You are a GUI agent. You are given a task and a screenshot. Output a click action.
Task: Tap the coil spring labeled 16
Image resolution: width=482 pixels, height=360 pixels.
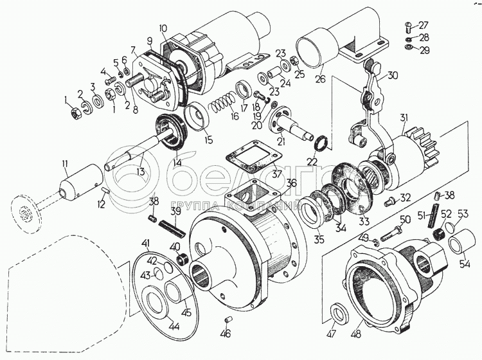point(221,104)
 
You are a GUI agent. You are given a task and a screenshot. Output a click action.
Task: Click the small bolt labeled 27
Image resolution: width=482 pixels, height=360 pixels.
point(407,26)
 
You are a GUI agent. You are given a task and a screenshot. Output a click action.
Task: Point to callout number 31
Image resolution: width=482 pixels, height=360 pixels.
point(404,117)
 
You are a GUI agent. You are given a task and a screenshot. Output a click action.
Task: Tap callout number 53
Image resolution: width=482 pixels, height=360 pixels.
point(463,215)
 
